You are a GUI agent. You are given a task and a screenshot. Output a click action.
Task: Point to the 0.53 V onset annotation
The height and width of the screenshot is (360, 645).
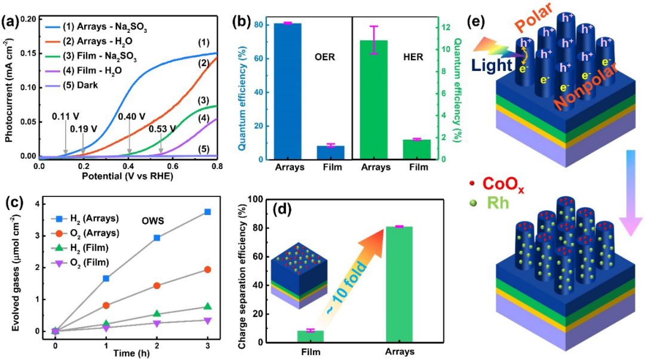point(162,128)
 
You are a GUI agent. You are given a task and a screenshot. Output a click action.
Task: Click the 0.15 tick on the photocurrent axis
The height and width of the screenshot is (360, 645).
point(27,53)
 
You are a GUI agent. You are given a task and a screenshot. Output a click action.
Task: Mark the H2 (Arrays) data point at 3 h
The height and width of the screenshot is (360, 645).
point(224,212)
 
